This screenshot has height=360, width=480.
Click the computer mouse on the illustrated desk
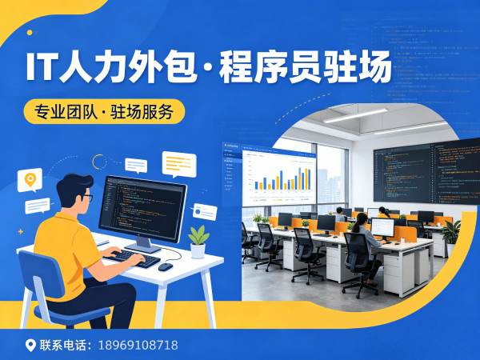tap(165, 266)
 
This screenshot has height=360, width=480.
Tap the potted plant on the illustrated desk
tap(198, 239)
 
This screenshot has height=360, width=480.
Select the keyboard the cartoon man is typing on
tap(134, 258)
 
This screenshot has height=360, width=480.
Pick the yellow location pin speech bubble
tap(31, 180)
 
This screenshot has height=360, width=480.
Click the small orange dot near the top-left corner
tap(30, 33)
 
